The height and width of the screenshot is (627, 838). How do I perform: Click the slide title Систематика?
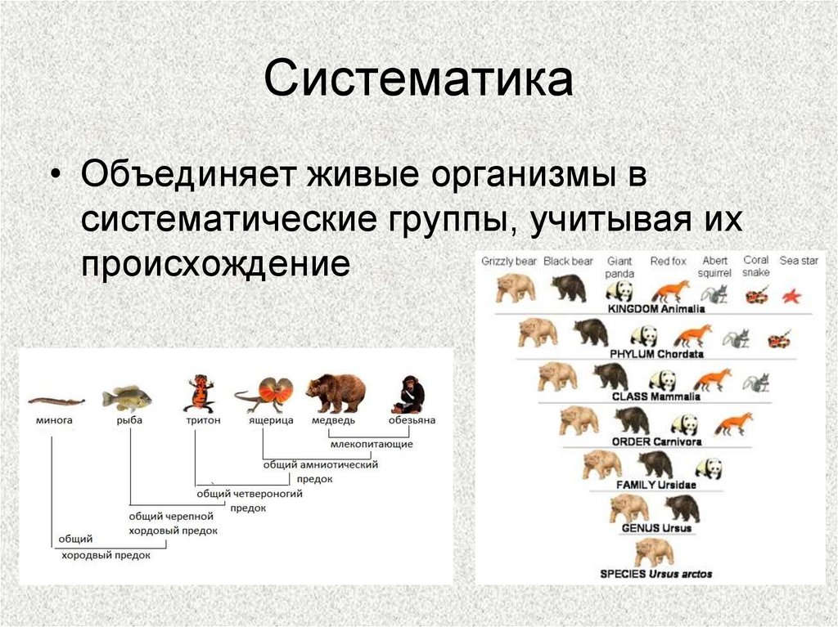(418, 78)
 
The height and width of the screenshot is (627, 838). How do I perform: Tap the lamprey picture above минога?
(56, 401)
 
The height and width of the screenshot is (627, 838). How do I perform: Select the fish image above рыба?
(127, 398)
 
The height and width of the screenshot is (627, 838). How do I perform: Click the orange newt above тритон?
(201, 393)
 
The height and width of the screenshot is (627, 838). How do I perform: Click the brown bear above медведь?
(336, 393)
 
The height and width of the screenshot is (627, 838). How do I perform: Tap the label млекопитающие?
(372, 444)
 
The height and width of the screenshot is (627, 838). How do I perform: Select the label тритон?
(203, 420)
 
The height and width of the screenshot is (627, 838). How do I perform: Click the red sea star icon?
(791, 296)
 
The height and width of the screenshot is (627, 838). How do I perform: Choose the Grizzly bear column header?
(509, 261)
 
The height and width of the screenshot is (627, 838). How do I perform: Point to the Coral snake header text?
(755, 266)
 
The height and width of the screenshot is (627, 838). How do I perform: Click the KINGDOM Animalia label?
(656, 309)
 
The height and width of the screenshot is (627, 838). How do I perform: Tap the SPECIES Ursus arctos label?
(656, 574)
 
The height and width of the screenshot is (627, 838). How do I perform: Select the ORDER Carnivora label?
(656, 441)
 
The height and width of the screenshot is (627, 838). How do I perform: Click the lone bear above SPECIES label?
(654, 553)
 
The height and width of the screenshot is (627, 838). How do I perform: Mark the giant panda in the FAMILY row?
(710, 468)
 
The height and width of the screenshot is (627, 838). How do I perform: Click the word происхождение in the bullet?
(215, 262)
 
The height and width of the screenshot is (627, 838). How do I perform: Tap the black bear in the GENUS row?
(683, 508)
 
